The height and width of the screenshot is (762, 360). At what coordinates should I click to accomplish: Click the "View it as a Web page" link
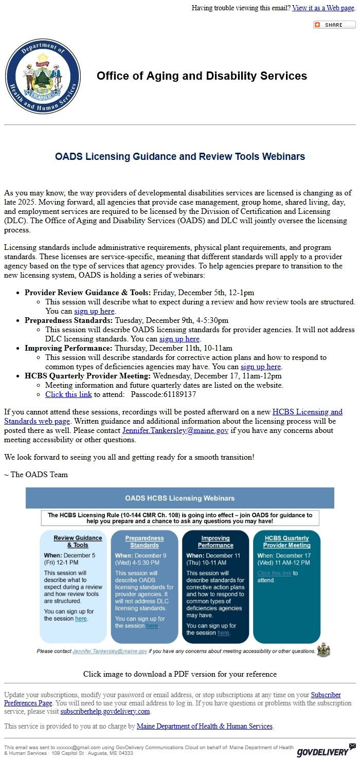coord(323,8)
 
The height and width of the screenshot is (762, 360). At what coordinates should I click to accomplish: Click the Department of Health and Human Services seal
coord(43,77)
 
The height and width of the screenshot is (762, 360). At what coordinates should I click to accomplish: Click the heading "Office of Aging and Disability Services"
coord(202,76)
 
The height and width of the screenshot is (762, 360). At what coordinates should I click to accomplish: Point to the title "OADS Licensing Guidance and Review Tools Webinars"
coord(180,156)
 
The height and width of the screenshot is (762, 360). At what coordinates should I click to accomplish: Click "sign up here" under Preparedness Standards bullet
coord(179,339)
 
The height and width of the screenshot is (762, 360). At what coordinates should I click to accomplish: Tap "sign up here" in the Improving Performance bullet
coord(261,367)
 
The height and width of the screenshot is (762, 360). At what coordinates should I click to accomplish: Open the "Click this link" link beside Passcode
coord(68,394)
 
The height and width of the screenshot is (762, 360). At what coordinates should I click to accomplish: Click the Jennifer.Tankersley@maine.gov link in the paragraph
coord(175,430)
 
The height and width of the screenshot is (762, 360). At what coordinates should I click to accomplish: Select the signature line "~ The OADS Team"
coord(36,474)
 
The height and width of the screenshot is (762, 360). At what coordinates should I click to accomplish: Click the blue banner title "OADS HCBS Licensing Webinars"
coord(180,498)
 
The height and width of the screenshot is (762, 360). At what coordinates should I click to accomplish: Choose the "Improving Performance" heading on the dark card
coord(215,541)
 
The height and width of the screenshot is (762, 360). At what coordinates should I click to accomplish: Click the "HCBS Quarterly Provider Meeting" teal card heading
coord(287,541)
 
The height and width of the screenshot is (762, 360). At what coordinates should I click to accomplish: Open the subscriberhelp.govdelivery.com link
coord(105,711)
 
